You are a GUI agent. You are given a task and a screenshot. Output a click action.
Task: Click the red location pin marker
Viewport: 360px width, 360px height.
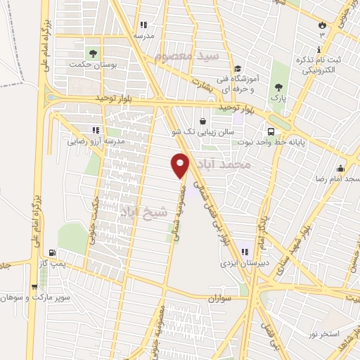pos(181,165)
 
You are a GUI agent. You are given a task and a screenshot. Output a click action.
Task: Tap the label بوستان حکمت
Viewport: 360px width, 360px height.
pos(91,65)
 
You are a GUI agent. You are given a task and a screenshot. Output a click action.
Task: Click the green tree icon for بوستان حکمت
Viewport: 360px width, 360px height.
pos(92,52)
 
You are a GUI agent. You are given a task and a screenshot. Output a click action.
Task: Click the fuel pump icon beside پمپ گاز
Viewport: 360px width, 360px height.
pos(52,252)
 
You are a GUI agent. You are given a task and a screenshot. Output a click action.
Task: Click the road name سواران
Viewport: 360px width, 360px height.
pos(219,300)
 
